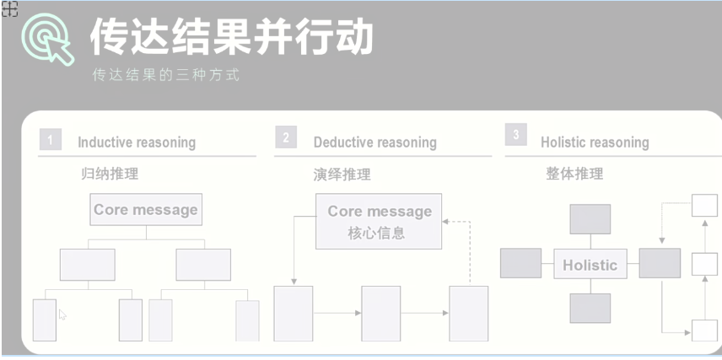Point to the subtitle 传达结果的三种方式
pyautogui.click(x=166, y=74)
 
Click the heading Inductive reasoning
pyautogui.click(x=136, y=142)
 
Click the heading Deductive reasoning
pyautogui.click(x=374, y=142)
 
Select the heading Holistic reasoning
pyautogui.click(x=595, y=142)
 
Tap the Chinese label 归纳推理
pyautogui.click(x=110, y=175)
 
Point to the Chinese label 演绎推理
pyautogui.click(x=342, y=175)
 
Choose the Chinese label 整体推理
pyautogui.click(x=574, y=174)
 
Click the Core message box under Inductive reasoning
pyautogui.click(x=146, y=210)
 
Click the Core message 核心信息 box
pyautogui.click(x=379, y=222)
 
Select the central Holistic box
pyautogui.click(x=590, y=265)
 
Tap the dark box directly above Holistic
pyautogui.click(x=590, y=219)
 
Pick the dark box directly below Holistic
pyautogui.click(x=590, y=309)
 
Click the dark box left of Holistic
pyautogui.click(x=520, y=263)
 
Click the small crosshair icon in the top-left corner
pyautogui.click(x=9, y=9)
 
